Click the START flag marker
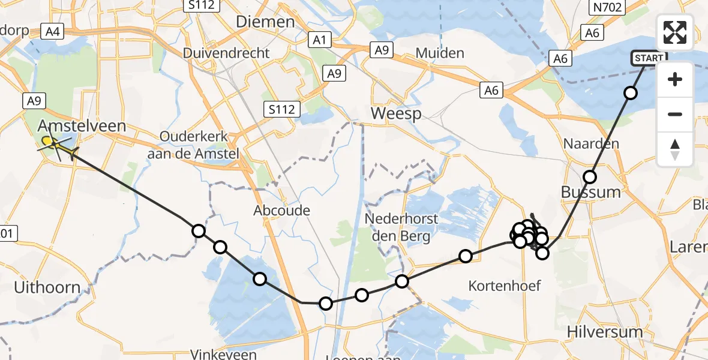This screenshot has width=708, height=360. point(649,58)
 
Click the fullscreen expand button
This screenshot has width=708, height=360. point(675,32)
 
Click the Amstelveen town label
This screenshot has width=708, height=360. point(82,125)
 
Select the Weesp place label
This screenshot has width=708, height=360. point(396,113)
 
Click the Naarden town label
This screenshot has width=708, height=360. point(583,144)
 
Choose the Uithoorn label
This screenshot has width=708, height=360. point(47,288)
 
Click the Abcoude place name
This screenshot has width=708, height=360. point(282,211)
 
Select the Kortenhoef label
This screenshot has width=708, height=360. point(505,286)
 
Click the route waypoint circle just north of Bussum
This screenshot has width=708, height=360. point(590,176)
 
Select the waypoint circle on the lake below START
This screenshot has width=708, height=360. point(630,92)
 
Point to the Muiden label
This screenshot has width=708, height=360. point(440,53)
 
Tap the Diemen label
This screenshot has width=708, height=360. point(265,22)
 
